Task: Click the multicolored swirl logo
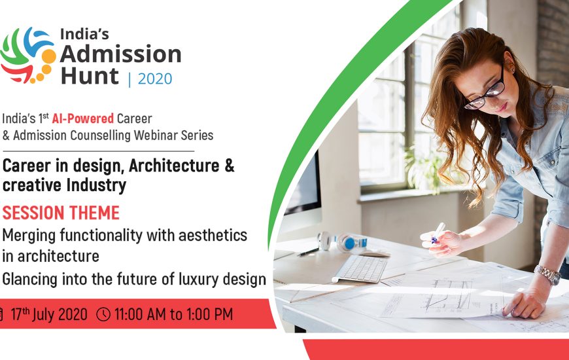[x=28, y=55]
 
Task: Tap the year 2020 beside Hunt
[x=155, y=79]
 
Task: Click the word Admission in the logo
[x=120, y=54]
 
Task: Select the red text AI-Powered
[x=83, y=118]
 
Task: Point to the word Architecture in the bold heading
[x=174, y=166]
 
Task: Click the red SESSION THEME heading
[x=61, y=213]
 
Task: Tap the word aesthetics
[x=213, y=236]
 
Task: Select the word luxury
[x=199, y=279]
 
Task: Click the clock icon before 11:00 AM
[x=103, y=314]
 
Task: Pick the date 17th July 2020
[x=49, y=314]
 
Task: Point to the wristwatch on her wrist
[x=547, y=274]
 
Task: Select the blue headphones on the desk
[x=342, y=242]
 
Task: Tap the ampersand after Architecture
[x=230, y=166]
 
